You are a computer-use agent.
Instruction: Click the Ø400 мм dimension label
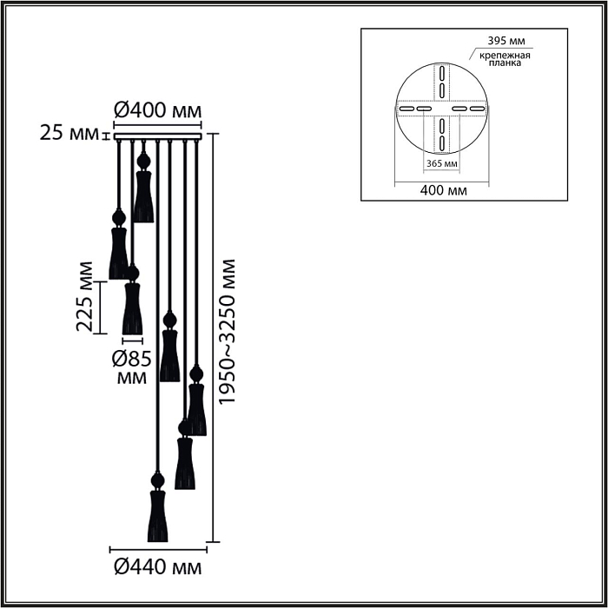(158, 111)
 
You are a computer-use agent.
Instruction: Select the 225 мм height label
(85, 296)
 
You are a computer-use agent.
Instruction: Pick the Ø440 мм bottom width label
(158, 569)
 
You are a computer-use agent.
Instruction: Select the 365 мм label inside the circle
(441, 163)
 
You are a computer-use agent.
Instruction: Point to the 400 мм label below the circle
(441, 189)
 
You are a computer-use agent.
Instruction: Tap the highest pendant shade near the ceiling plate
(143, 195)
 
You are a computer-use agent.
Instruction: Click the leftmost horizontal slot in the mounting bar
(405, 109)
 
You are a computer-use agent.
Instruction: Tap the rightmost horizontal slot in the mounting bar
(478, 109)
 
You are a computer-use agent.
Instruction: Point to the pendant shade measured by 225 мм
(132, 308)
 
